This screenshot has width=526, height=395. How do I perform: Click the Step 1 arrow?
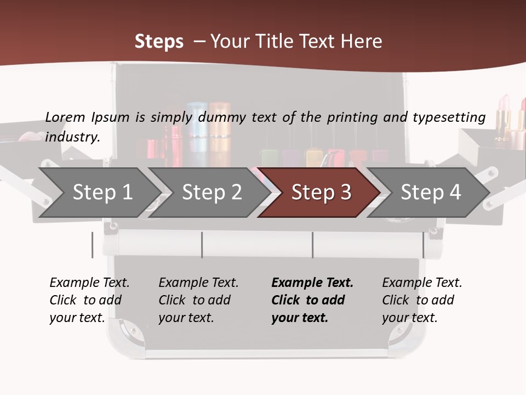[102, 192]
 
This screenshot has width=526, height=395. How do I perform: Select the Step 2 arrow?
[211, 192]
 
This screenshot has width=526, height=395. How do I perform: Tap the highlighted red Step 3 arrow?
[321, 192]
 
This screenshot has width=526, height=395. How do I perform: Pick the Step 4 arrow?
[431, 192]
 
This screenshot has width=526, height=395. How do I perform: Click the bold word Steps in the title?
[159, 41]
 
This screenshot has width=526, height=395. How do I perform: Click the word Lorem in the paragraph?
[65, 117]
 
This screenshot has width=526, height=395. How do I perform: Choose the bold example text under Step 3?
[312, 300]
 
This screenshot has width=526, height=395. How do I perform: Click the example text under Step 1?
[89, 300]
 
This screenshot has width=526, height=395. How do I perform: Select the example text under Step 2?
[198, 300]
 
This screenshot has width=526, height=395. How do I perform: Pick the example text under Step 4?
[422, 300]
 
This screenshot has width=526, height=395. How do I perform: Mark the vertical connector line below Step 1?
[93, 245]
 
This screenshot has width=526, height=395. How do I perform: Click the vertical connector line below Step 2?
[202, 245]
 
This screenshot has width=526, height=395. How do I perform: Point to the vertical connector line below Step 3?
[312, 245]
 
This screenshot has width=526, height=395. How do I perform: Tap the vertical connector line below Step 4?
[423, 245]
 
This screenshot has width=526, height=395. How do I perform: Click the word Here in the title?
[362, 41]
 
